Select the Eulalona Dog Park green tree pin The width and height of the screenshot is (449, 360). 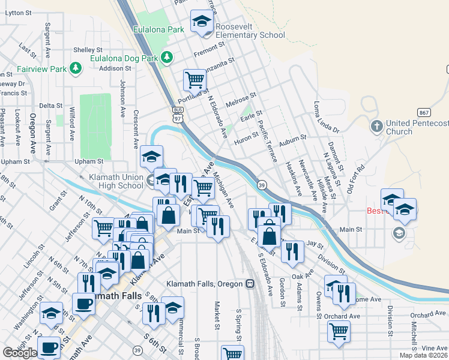click(x=167, y=58)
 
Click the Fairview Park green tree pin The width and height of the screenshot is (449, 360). click(x=76, y=68)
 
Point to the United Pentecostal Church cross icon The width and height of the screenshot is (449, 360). click(x=376, y=127)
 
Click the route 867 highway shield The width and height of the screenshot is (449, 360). click(x=424, y=112)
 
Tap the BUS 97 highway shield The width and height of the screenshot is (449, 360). click(x=177, y=113)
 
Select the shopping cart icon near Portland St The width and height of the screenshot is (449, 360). click(x=194, y=79)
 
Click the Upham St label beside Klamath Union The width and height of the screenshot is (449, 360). click(x=89, y=161)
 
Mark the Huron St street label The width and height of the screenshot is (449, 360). click(x=246, y=137)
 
